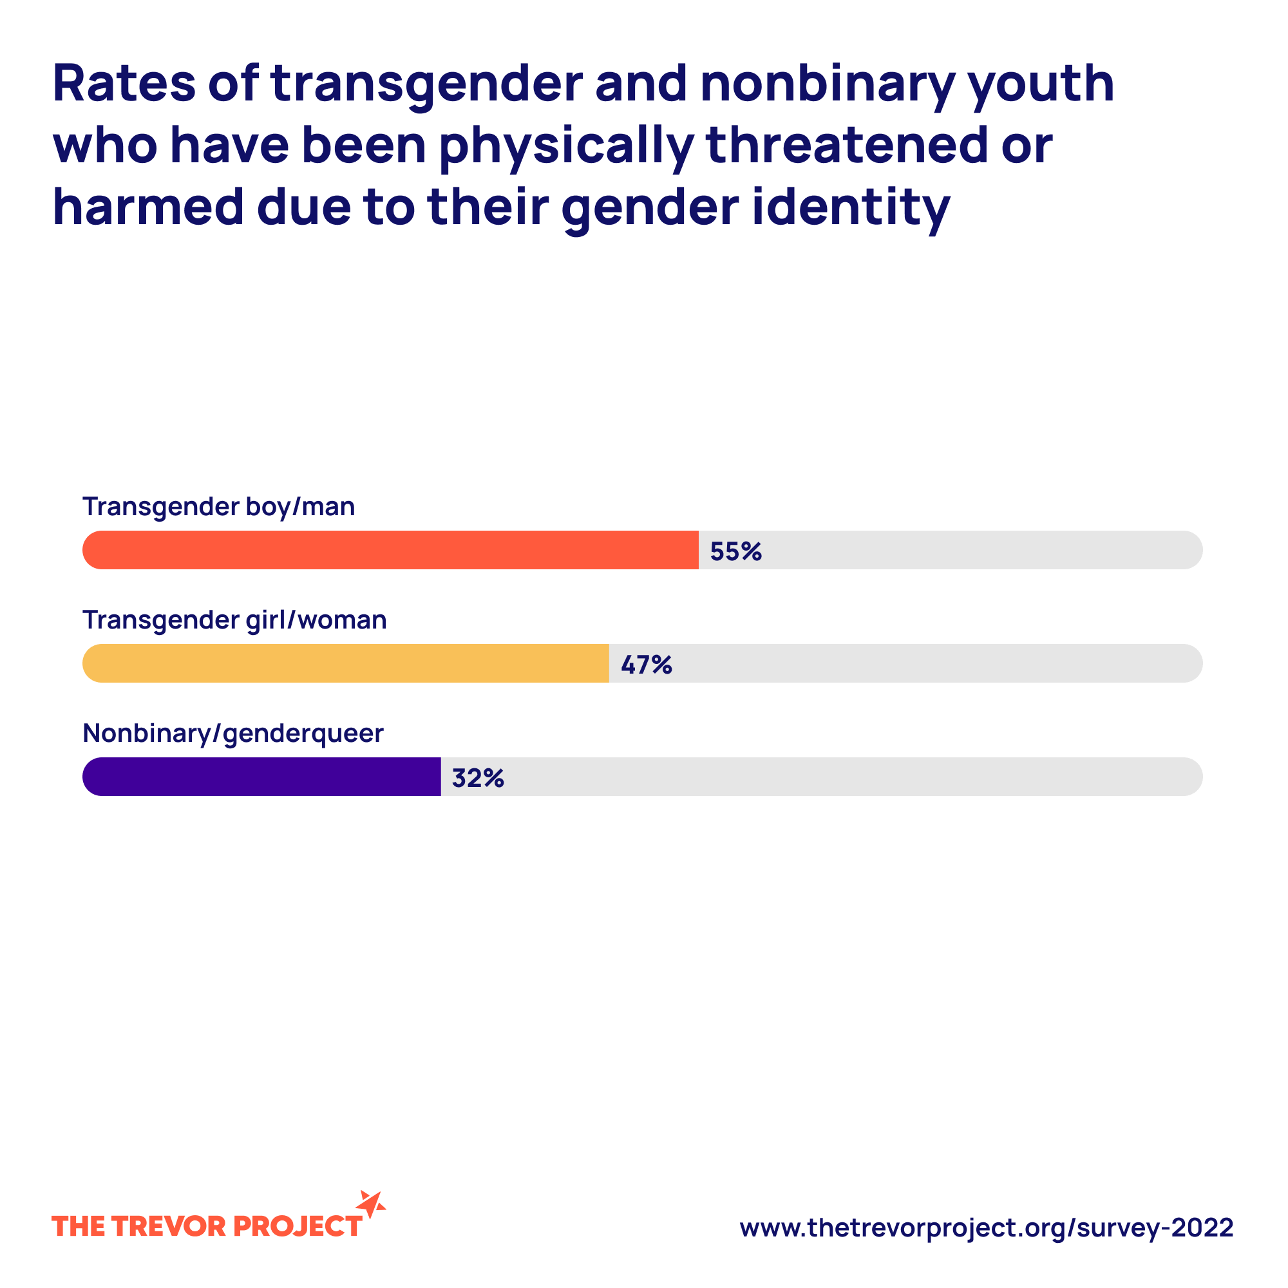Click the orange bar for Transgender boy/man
click(390, 550)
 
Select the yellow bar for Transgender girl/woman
click(345, 663)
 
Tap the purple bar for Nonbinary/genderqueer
click(261, 777)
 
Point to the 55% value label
click(735, 551)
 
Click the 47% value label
click(646, 665)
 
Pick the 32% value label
click(477, 778)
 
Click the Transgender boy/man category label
click(219, 507)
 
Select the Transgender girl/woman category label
click(234, 620)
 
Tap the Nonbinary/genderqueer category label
click(232, 734)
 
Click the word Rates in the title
click(124, 84)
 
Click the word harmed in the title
click(148, 207)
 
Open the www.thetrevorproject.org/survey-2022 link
click(987, 1227)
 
